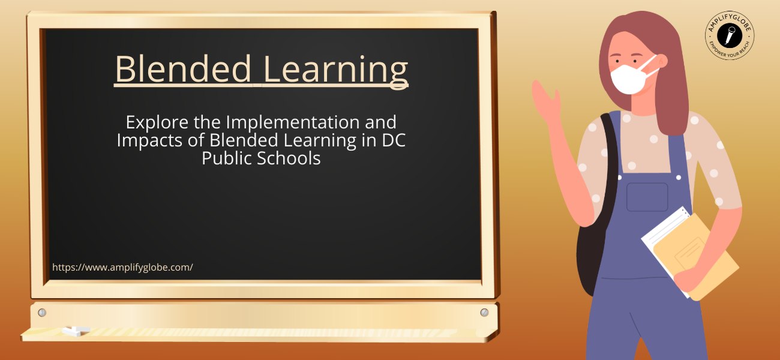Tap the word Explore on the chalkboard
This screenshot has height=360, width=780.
pos(157,122)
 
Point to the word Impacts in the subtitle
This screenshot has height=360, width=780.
pos(150,140)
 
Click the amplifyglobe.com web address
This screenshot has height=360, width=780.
pos(122,268)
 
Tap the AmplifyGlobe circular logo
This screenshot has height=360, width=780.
pos(730,35)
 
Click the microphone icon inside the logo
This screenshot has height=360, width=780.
pos(730,35)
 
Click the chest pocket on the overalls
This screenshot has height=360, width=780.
pos(647,197)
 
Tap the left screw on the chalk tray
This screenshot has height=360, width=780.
pos(42,313)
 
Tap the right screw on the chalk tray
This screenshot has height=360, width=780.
pos(484,313)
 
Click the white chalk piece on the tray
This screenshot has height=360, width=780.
pos(76,331)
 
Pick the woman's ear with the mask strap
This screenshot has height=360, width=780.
pos(661,61)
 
